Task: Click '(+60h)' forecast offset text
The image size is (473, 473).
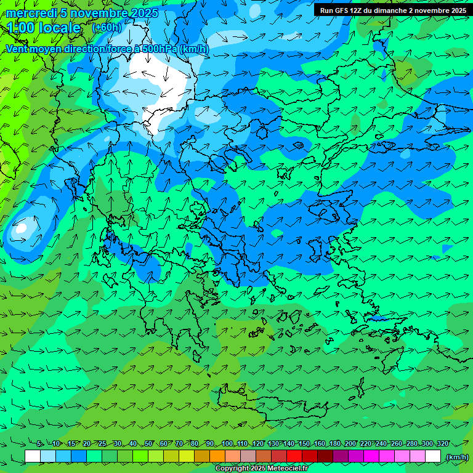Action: (x=107, y=28)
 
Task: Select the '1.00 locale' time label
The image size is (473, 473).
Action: (x=44, y=28)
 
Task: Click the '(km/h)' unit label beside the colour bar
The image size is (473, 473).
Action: (x=456, y=457)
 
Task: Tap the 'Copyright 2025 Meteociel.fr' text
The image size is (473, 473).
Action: (x=261, y=469)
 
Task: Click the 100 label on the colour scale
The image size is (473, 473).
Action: (x=227, y=444)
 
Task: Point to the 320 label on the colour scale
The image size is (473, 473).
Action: (x=442, y=444)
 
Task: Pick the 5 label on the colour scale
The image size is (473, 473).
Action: (x=39, y=444)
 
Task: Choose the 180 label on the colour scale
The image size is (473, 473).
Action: (x=334, y=444)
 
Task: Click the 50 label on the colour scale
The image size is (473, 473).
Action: (x=148, y=444)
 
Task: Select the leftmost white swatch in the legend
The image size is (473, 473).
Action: (x=33, y=456)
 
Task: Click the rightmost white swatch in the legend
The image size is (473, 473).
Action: (x=433, y=456)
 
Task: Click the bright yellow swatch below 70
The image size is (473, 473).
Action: (x=187, y=456)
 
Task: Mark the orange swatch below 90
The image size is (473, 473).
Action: (x=217, y=456)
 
